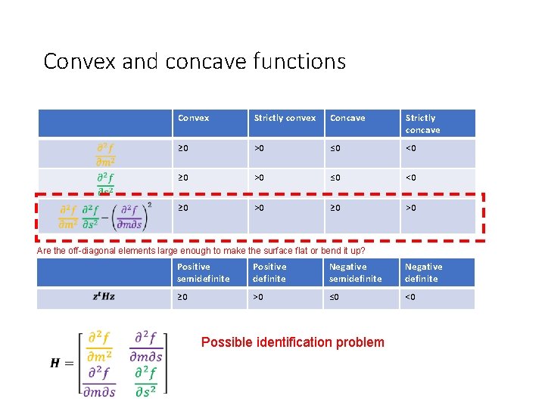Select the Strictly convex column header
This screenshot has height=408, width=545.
click(x=285, y=118)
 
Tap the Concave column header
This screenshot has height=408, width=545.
click(x=347, y=118)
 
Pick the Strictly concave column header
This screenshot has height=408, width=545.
click(x=422, y=123)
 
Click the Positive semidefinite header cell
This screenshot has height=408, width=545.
click(x=204, y=272)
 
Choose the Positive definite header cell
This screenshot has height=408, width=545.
click(x=270, y=272)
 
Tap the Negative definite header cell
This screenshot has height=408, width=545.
click(x=424, y=272)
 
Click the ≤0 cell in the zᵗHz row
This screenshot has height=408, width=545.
click(x=335, y=297)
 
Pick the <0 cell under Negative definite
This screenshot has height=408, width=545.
click(x=411, y=297)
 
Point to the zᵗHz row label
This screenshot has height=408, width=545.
click(x=104, y=297)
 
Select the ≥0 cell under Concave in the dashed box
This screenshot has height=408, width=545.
click(x=335, y=207)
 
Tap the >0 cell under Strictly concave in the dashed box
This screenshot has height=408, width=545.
click(x=411, y=207)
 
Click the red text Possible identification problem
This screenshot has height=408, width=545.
click(x=292, y=342)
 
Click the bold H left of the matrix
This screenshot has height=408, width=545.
click(x=55, y=363)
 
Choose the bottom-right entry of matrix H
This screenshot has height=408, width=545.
click(x=147, y=381)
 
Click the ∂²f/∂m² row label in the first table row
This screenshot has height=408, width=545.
click(x=105, y=153)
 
